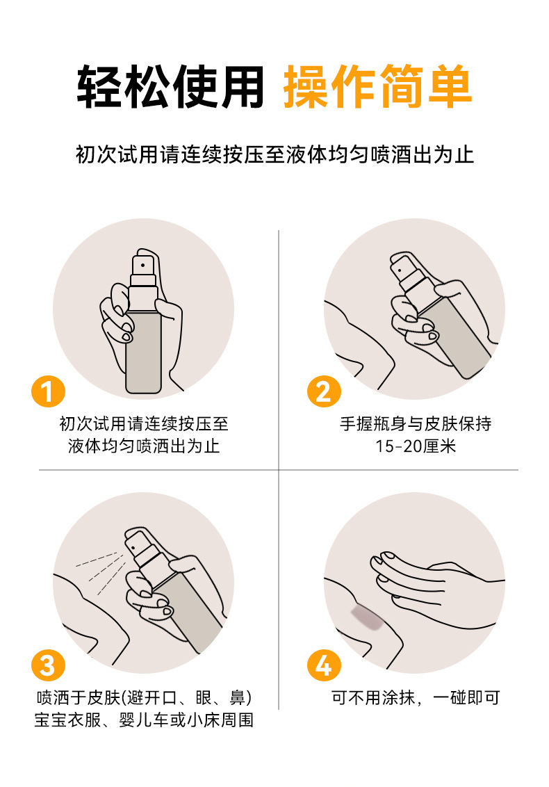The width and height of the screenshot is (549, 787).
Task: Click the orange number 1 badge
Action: [48, 391]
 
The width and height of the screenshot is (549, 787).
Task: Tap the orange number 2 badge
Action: [324, 391]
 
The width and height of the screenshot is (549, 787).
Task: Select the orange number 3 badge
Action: [48, 665]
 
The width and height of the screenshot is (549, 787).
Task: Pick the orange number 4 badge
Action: [324, 665]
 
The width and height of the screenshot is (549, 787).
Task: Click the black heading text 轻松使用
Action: [170, 87]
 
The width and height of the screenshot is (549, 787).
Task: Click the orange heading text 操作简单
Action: [377, 87]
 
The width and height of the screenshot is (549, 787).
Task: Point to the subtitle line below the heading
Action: [274, 154]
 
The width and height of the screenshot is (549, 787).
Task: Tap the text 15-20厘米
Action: [416, 446]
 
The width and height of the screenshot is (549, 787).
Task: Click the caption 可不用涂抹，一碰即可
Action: [416, 697]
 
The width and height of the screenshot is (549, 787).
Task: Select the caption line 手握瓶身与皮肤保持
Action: [416, 423]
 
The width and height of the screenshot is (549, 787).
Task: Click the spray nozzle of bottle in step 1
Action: [143, 264]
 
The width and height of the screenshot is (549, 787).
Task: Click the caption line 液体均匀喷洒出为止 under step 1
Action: [144, 446]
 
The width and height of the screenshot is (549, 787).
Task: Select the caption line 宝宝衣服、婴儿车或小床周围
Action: [144, 720]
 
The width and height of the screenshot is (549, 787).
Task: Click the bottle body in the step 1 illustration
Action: [143, 346]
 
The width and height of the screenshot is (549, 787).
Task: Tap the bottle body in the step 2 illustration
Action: [454, 336]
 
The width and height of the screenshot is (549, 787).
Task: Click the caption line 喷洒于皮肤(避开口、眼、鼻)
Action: [144, 697]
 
